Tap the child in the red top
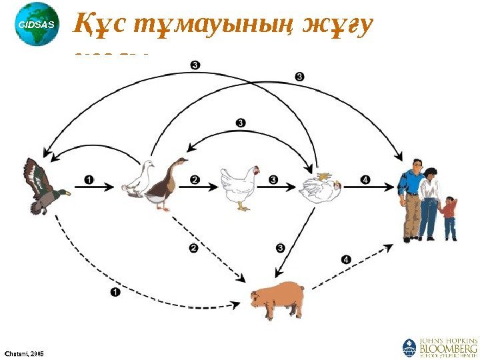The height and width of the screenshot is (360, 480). coord(451,217)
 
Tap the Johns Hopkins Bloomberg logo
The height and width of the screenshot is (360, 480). coord(441,347)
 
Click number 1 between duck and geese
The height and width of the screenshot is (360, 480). coord(90,179)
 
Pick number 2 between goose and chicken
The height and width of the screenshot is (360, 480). coord(195,179)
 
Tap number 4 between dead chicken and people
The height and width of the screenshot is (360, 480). coord(365,179)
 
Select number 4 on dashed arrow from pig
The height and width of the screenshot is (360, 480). coord(345,259)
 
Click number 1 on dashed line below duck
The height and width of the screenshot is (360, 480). coord(115,292)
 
